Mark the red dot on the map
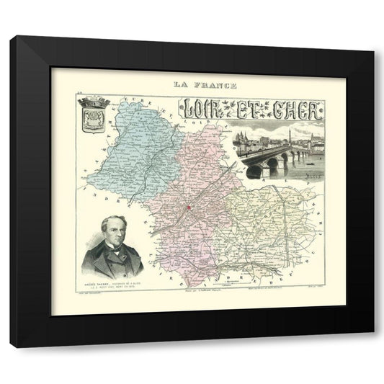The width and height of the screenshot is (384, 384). pyautogui.click(x=189, y=207)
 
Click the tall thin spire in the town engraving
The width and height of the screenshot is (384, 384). pyautogui.click(x=289, y=134)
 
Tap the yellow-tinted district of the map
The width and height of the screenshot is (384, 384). pyautogui.click(x=267, y=223)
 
